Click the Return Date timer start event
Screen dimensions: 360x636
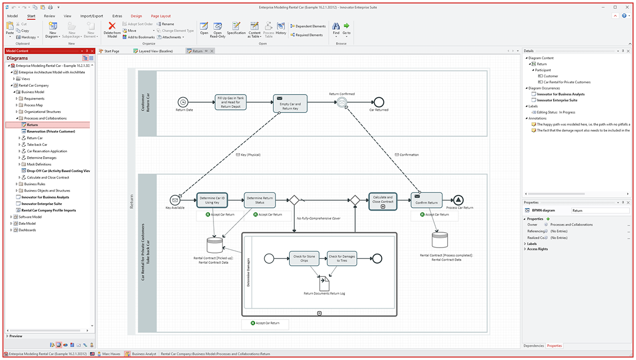click(x=183, y=102)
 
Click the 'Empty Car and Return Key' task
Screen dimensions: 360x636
click(x=290, y=104)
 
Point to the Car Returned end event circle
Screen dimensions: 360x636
click(x=379, y=102)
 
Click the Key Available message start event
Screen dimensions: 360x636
click(x=175, y=200)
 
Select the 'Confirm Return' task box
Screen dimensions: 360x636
click(x=426, y=200)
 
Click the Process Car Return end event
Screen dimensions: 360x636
click(x=459, y=200)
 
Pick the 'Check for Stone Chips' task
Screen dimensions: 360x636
click(x=304, y=258)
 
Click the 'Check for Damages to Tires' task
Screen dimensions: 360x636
click(x=342, y=258)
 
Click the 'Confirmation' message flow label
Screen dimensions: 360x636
click(x=409, y=155)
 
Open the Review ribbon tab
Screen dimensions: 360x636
click(x=49, y=16)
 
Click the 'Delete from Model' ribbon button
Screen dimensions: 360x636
click(x=112, y=30)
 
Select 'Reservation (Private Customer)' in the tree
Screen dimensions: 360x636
click(x=51, y=132)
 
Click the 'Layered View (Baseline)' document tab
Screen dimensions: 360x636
click(x=155, y=51)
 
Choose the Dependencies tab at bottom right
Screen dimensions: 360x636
click(x=533, y=346)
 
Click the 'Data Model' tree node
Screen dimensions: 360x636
click(x=27, y=223)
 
